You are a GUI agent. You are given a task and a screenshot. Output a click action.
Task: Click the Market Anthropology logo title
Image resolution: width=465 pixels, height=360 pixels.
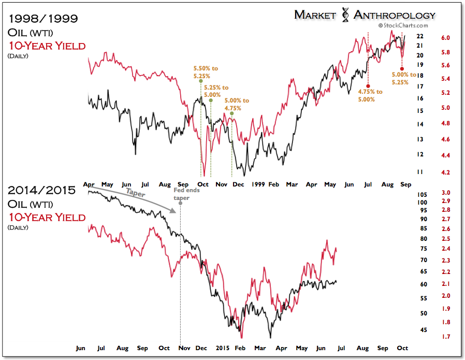[x=365, y=15]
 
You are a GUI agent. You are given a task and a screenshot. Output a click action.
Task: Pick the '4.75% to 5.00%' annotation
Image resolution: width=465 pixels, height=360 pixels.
[x=370, y=95]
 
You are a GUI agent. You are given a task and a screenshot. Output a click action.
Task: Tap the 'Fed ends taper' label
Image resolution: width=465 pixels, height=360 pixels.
[x=181, y=194]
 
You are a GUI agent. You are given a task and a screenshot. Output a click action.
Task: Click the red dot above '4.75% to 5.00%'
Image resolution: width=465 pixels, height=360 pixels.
[x=368, y=86]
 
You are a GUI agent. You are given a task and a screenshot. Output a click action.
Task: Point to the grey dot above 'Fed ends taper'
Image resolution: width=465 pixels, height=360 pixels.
[x=180, y=203]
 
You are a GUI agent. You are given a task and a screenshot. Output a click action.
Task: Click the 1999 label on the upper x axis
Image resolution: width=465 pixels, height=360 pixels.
[x=258, y=184]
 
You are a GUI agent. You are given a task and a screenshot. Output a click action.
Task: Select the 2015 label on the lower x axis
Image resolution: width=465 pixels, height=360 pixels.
[x=223, y=348]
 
